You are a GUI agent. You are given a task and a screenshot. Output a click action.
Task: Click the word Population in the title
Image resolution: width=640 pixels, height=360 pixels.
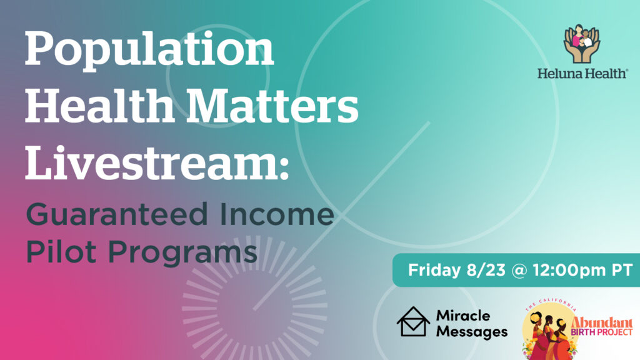point(149,51)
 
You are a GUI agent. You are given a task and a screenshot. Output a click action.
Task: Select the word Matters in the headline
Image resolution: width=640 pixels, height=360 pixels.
point(272,105)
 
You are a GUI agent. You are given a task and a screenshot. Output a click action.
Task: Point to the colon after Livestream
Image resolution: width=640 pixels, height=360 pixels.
point(285,168)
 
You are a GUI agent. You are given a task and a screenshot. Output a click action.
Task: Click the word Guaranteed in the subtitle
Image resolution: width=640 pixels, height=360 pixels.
point(117,214)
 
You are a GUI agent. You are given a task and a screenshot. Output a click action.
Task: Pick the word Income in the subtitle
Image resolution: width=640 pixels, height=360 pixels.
point(277,214)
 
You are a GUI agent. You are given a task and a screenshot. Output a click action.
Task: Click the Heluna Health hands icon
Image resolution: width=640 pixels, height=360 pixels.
point(582,44)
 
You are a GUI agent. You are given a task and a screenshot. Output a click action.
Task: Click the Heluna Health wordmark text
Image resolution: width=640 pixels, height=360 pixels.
point(582,74)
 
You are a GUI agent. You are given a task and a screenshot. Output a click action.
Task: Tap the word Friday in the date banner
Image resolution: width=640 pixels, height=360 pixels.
point(434,270)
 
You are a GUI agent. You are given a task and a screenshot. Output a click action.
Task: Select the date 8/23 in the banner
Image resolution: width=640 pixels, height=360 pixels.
point(486,270)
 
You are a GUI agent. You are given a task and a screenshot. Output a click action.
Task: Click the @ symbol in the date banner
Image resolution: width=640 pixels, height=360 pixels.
point(519,271)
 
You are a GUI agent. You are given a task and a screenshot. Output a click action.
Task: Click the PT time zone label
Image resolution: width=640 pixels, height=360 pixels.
point(622,270)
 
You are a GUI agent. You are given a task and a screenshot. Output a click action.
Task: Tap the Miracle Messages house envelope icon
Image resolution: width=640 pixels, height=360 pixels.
point(413,322)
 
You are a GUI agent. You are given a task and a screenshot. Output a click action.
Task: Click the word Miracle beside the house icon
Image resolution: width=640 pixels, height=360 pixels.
point(463,315)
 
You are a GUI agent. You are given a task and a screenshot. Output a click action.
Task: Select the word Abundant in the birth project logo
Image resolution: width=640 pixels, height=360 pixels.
point(602,322)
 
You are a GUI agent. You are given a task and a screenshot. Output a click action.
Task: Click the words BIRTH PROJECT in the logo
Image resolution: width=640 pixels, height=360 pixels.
point(602,332)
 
